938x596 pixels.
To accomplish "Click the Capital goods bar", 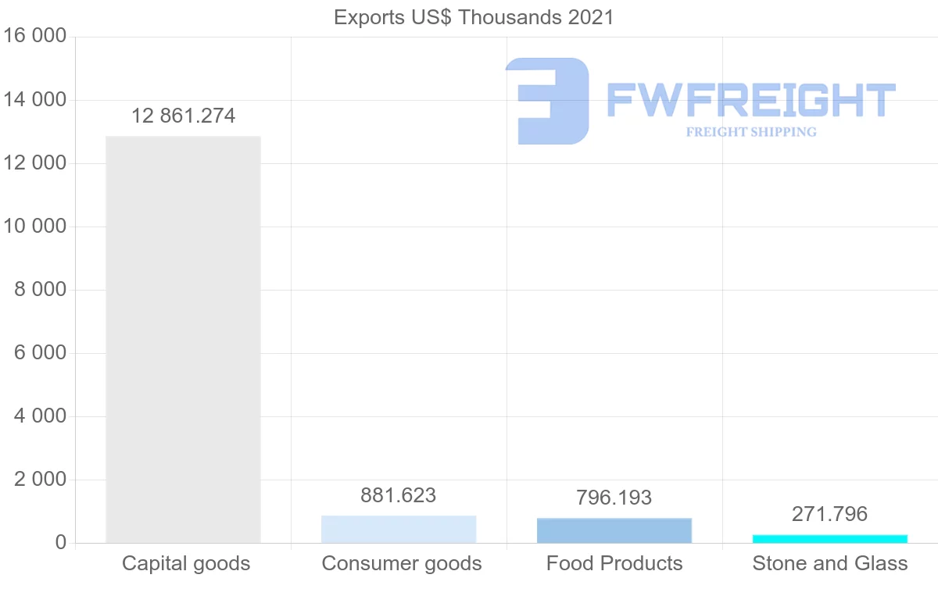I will coord(183,339).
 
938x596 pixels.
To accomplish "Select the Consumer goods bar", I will coord(399,530).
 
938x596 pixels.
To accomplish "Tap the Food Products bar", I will coord(614,530).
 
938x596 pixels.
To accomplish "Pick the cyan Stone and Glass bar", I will coord(830,538).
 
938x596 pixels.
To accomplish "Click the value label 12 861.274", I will coord(183,116).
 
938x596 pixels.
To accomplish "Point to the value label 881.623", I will coord(399,495).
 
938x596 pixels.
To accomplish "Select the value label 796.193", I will coord(614,498).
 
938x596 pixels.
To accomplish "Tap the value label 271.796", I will coord(830,514).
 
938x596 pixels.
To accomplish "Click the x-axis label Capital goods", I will coord(186,563).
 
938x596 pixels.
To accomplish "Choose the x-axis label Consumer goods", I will coord(402,563).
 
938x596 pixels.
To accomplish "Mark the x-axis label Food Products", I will coord(614,563).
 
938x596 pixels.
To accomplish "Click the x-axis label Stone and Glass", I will coord(830,563).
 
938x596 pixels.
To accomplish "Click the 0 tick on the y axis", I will coord(60,543).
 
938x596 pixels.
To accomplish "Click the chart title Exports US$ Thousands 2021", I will coord(474,17).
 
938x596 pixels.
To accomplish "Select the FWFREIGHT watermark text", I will coord(750,101).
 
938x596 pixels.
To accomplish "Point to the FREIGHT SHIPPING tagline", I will coord(751,132).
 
